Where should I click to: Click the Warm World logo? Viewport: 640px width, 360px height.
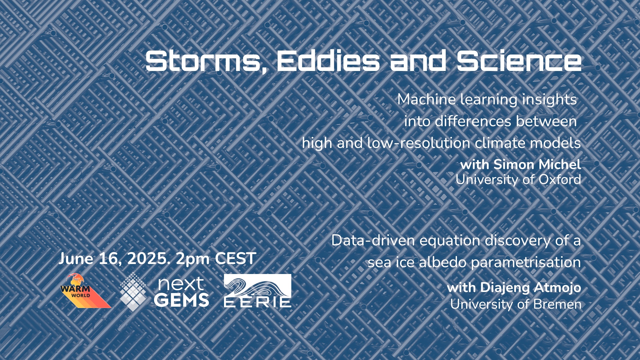pos(85,290)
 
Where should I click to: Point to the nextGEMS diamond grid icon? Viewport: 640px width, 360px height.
pos(133,292)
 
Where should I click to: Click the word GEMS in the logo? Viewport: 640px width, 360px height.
pos(181,300)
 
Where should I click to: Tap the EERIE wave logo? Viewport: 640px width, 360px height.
pos(257,290)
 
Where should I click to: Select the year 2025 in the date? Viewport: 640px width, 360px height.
pos(147,259)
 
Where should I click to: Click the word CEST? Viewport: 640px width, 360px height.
pos(236,259)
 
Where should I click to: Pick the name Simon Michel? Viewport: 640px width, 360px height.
pos(537,164)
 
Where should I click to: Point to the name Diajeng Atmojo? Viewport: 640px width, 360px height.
pos(530,288)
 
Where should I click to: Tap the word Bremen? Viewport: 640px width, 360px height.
pos(557,304)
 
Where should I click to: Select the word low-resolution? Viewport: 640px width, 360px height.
pos(419,143)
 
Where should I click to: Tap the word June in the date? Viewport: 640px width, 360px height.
pos(76,259)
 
